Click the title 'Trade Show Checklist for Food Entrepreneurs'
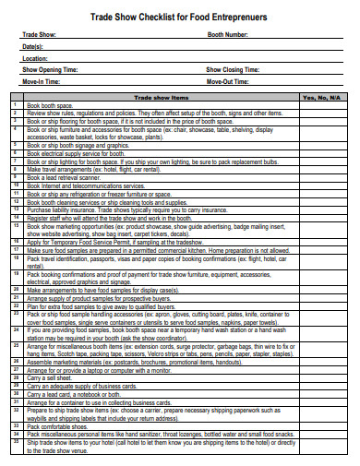coord(179,16)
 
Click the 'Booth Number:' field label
coord(228,34)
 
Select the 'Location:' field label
coord(35,57)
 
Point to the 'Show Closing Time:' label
coord(232,69)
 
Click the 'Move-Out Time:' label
coord(227,81)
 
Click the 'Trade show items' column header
coord(162,97)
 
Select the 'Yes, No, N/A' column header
coord(322,97)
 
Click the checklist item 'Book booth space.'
coord(51,106)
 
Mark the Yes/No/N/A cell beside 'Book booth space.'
coord(322,106)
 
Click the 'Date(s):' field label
coord(33,46)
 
